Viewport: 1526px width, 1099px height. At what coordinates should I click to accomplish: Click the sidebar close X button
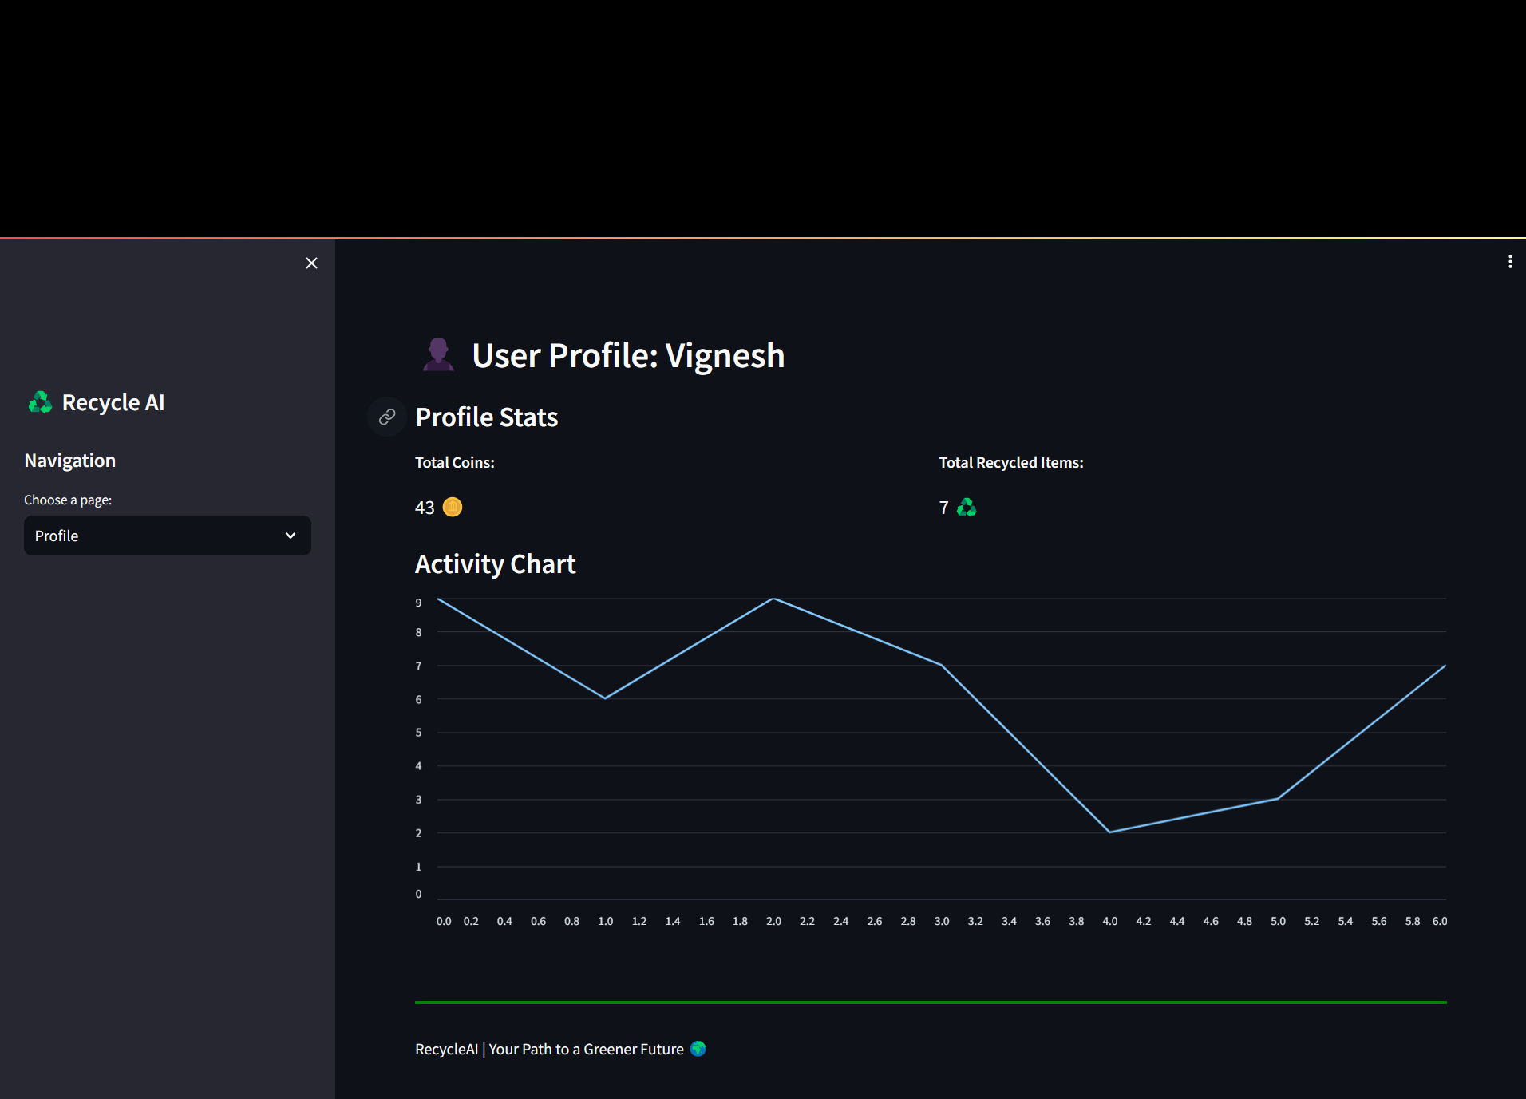coord(311,263)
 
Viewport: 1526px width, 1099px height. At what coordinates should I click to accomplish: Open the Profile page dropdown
coord(168,536)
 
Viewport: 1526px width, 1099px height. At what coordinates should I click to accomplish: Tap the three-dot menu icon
coord(1510,262)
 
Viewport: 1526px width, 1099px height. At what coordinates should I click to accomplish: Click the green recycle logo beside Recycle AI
coord(40,402)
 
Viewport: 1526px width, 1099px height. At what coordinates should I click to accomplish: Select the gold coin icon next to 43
coord(453,508)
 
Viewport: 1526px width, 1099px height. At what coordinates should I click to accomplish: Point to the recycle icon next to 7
coord(967,508)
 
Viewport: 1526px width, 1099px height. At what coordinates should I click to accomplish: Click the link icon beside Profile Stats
coord(387,417)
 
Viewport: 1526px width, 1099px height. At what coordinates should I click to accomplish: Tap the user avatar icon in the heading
coord(438,355)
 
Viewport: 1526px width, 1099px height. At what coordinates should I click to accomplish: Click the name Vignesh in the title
coord(725,355)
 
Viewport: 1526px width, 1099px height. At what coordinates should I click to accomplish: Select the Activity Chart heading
coord(495,564)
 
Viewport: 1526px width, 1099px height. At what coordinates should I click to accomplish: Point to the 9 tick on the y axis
coord(418,603)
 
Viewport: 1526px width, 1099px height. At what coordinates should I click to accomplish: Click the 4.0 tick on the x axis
coord(1109,921)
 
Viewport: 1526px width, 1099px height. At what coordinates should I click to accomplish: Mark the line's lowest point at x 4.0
coord(1109,832)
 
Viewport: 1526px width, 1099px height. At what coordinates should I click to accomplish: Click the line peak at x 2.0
coord(773,599)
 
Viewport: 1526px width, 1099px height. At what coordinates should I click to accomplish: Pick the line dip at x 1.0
coord(605,698)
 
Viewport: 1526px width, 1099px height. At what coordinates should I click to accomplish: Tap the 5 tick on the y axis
coord(418,732)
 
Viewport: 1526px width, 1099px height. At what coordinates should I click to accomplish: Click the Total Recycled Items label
coord(1011,463)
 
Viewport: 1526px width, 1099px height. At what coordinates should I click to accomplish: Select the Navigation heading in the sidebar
coord(70,461)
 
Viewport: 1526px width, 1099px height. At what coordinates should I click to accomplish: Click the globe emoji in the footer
coord(698,1049)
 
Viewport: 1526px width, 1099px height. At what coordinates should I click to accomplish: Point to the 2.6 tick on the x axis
coord(875,921)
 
